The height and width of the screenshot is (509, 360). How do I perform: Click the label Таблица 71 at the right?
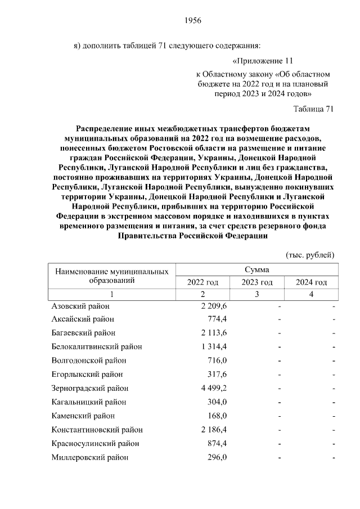(x=314, y=109)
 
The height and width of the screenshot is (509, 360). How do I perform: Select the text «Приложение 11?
(x=263, y=60)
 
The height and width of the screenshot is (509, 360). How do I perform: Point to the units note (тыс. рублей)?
(x=310, y=255)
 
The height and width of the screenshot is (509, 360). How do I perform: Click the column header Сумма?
(x=256, y=270)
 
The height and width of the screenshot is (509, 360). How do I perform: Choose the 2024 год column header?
(x=311, y=282)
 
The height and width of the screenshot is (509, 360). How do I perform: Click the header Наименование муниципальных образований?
(x=112, y=276)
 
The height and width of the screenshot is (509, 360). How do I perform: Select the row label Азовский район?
(x=80, y=306)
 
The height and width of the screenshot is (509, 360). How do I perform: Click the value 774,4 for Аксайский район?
(x=216, y=319)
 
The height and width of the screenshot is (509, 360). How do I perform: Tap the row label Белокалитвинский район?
(x=97, y=347)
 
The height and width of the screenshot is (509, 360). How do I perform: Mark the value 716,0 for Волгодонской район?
(x=216, y=361)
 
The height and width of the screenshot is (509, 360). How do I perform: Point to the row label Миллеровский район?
(x=90, y=457)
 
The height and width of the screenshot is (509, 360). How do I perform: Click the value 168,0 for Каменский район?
(x=216, y=416)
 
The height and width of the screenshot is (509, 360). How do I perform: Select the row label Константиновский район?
(x=97, y=430)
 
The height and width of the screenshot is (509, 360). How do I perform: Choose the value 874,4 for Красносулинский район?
(x=216, y=443)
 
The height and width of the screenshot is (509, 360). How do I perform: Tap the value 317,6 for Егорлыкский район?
(x=216, y=375)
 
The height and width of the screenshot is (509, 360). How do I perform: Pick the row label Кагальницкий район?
(x=89, y=402)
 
